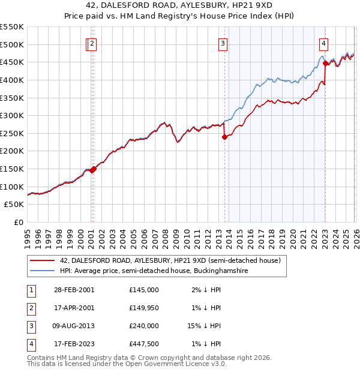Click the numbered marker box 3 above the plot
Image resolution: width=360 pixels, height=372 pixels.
223,43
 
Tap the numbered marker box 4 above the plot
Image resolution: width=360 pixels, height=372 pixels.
323,43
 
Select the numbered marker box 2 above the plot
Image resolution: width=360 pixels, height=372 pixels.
92,43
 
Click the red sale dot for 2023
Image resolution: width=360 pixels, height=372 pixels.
325,62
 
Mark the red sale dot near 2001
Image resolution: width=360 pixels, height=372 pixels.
93,169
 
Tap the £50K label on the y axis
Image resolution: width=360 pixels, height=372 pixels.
14,205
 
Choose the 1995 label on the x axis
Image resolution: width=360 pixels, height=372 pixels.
28,236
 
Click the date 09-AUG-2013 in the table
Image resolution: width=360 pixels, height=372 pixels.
73,326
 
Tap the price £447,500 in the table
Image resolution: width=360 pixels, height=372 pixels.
143,344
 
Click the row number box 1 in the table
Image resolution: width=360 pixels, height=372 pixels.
31,290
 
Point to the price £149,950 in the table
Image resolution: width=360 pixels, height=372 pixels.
143,308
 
